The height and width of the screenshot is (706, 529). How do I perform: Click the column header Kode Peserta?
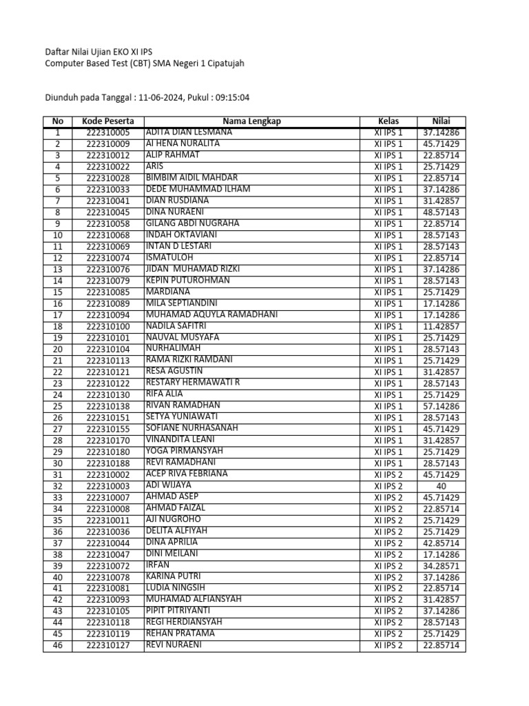(107, 121)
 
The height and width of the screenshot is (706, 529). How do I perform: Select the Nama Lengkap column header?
(251, 121)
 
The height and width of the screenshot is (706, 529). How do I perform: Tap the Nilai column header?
(441, 121)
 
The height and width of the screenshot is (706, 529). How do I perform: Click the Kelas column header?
(388, 121)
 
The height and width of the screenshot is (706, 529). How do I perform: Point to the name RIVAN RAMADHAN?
(183, 405)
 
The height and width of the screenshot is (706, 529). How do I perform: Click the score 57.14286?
(441, 406)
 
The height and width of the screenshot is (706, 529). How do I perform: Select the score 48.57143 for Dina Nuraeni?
(441, 212)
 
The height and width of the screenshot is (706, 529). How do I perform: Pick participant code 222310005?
(107, 132)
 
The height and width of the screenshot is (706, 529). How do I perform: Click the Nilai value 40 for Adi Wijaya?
(441, 486)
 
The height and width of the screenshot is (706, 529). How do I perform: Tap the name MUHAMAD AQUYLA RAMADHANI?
(211, 314)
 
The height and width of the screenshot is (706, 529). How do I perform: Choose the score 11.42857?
(441, 326)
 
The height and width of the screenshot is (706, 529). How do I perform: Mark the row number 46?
(57, 645)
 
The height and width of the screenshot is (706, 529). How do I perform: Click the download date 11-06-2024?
(160, 98)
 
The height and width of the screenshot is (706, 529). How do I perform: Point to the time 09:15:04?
(232, 98)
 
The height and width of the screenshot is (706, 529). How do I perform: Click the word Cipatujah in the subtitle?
(222, 63)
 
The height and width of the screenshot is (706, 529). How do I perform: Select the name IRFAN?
(158, 565)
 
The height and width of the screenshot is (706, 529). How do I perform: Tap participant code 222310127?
(107, 645)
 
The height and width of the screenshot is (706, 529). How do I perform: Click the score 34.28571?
(441, 565)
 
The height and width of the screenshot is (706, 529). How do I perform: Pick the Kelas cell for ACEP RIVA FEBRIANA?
(388, 474)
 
